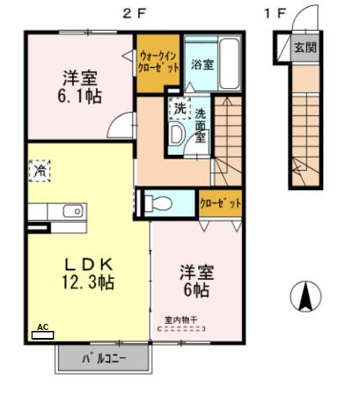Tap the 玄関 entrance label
click(x=305, y=47)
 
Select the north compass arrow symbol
click(x=305, y=296)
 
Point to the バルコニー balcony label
click(x=105, y=358)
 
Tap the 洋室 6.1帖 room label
click(x=79, y=84)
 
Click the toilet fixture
click(x=158, y=203)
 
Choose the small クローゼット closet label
click(x=219, y=203)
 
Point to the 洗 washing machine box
click(x=180, y=109)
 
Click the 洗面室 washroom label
click(x=201, y=126)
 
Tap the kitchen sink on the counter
click(x=70, y=211)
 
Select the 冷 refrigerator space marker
click(x=40, y=171)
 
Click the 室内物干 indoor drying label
click(x=181, y=319)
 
